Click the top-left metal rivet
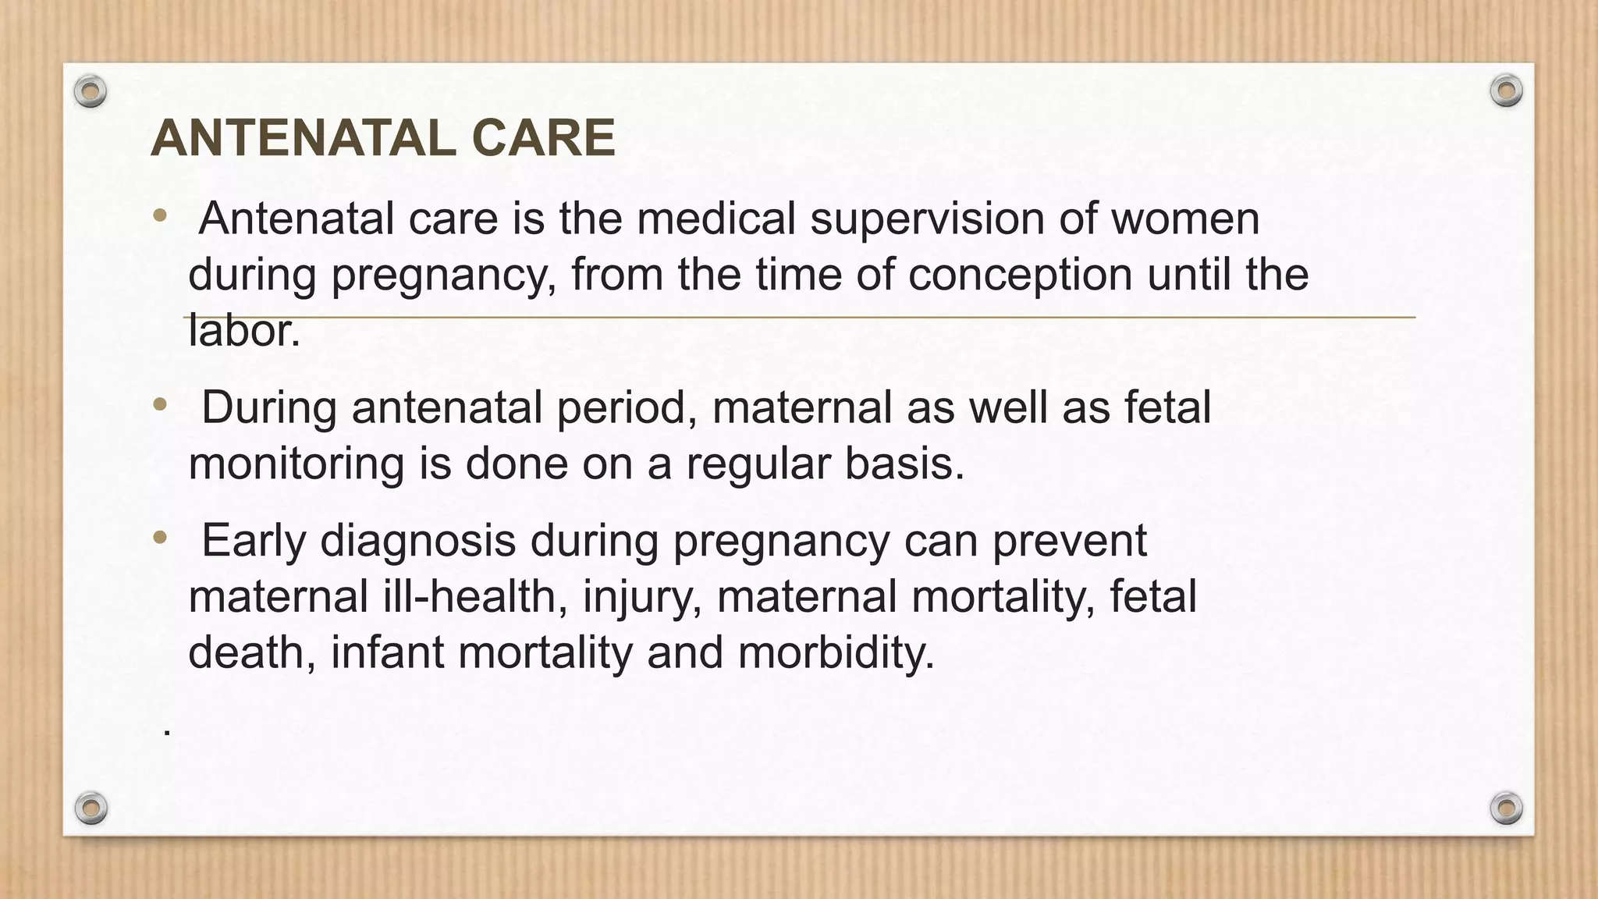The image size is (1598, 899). click(91, 92)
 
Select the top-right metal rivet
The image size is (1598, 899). click(1506, 91)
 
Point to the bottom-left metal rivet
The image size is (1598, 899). click(91, 808)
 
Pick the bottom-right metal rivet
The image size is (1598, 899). click(1506, 808)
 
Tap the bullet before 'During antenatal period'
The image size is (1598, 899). click(160, 404)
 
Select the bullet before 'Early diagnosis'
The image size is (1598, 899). click(160, 537)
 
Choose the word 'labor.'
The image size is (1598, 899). click(244, 331)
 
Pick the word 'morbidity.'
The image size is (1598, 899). click(836, 652)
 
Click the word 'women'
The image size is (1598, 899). click(1185, 219)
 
